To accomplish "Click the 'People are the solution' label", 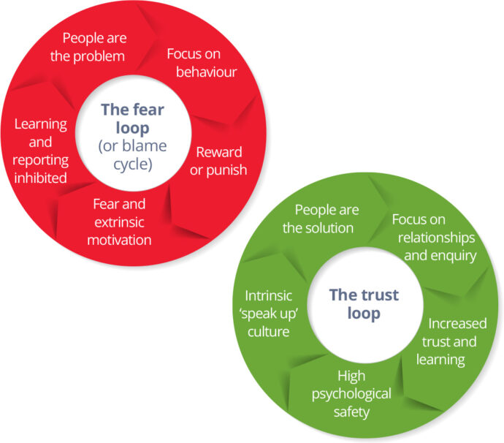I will [318, 219].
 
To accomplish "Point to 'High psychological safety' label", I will [352, 394].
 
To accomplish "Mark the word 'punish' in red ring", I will [229, 170].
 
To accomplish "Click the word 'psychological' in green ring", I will [352, 394].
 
